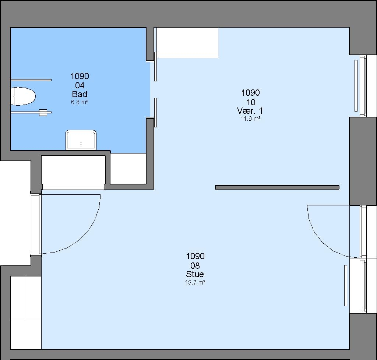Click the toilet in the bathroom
23,96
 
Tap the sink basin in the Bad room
81,140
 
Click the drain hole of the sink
81,144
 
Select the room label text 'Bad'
80,94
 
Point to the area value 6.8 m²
80,102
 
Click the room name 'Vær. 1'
250,111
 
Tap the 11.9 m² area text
250,119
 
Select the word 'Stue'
195,274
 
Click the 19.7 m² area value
195,282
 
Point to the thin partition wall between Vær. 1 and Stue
277,187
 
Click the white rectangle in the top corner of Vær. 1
187,43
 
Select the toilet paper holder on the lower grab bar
43,113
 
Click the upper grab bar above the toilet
31,80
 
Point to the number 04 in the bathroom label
80,85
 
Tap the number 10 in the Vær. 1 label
251,102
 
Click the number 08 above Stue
195,265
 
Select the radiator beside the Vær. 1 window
356,86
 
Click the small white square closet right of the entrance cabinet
128,169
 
